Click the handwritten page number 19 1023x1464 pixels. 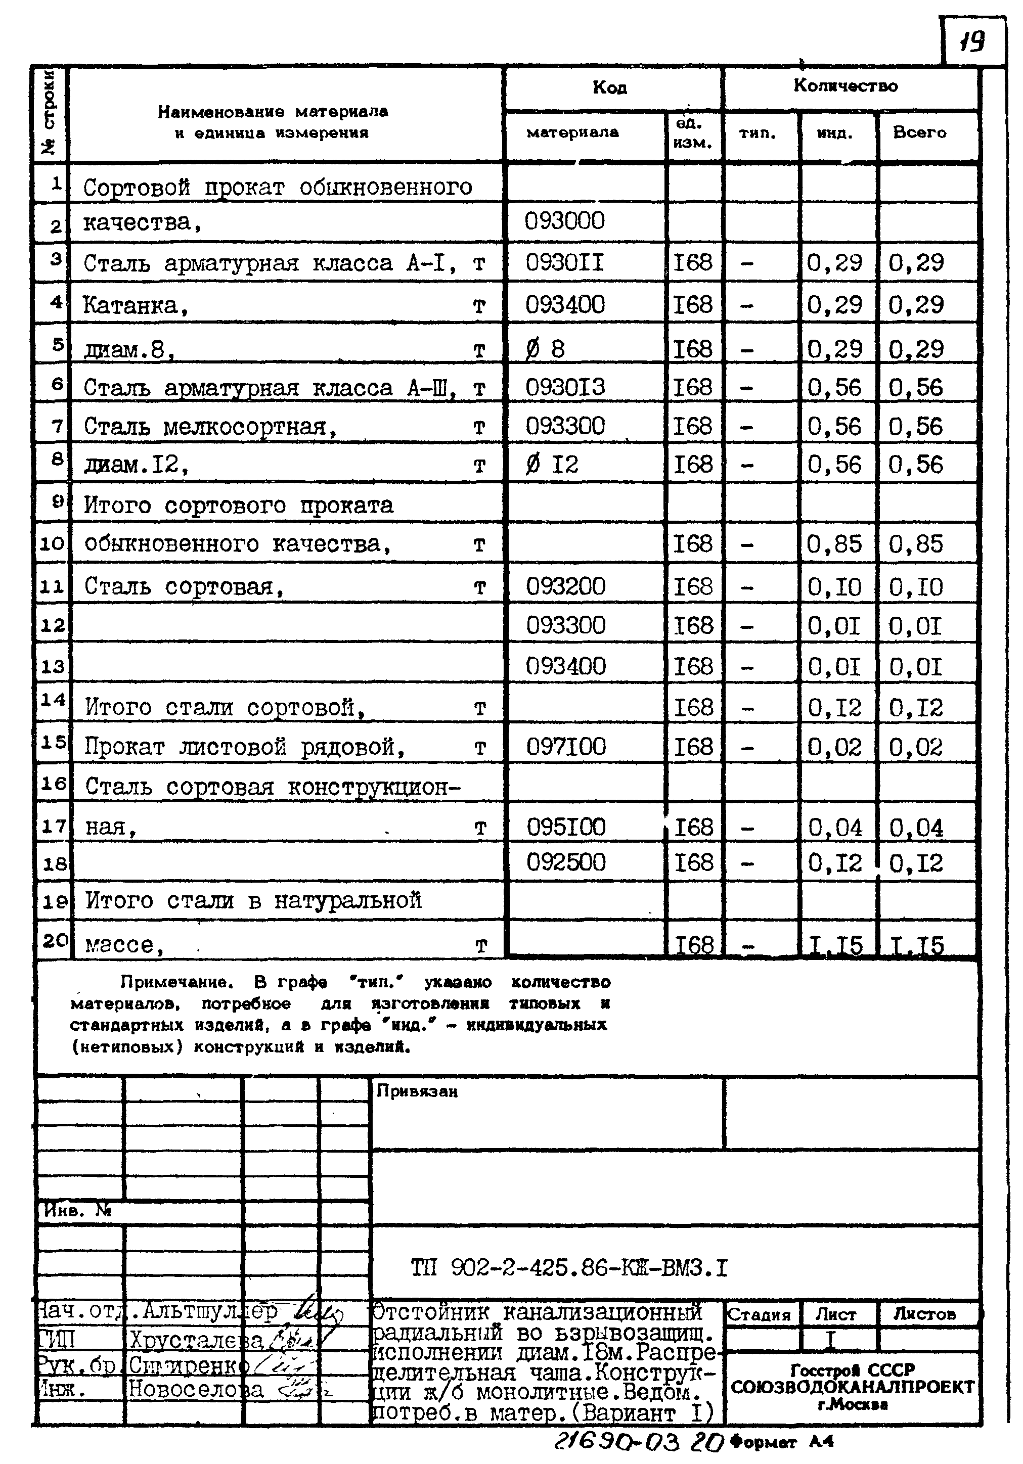click(x=972, y=42)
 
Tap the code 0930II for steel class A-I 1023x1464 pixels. click(x=564, y=262)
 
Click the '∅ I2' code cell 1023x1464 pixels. click(x=552, y=464)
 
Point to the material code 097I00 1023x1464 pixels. click(x=566, y=746)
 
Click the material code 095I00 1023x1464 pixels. click(x=566, y=827)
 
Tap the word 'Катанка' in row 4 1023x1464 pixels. click(x=131, y=306)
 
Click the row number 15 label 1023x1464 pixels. click(x=53, y=742)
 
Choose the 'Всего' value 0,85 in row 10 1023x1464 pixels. click(x=915, y=544)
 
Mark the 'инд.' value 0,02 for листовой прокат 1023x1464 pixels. click(x=834, y=747)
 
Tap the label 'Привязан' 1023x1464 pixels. click(x=417, y=1091)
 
